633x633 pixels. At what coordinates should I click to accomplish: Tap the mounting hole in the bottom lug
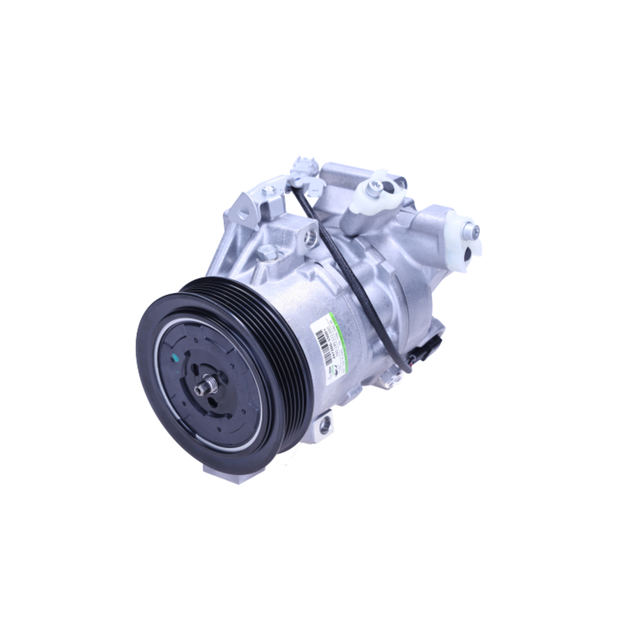[325, 425]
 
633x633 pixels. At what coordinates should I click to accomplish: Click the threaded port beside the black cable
[310, 237]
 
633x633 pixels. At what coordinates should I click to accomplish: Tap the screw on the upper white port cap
[377, 185]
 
